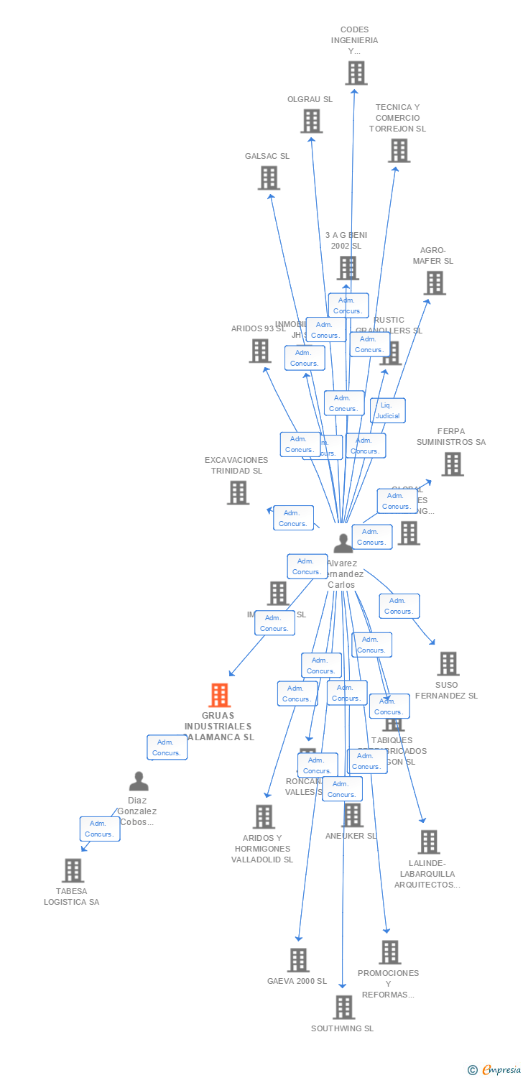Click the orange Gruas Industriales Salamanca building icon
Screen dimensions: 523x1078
click(219, 695)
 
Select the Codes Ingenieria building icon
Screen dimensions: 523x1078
click(356, 73)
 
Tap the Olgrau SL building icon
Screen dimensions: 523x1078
click(311, 121)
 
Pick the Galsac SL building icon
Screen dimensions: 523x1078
click(269, 178)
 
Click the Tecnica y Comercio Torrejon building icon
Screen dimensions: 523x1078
click(399, 150)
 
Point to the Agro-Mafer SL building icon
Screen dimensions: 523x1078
click(435, 283)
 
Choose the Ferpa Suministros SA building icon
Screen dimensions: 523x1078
click(453, 464)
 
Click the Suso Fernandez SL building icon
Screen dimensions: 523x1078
click(448, 663)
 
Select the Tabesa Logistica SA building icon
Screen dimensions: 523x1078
click(73, 870)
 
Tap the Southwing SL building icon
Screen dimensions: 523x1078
click(344, 1007)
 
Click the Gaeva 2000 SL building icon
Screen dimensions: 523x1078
click(298, 959)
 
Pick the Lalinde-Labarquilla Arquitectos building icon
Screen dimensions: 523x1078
click(429, 842)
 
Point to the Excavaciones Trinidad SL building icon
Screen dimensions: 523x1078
click(238, 492)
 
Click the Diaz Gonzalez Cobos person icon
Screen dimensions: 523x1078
click(139, 781)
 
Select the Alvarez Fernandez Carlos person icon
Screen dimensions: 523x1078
click(343, 543)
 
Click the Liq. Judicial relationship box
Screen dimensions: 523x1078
click(388, 410)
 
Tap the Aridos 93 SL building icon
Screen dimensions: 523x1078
click(259, 351)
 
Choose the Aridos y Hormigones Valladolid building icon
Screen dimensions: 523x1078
click(264, 816)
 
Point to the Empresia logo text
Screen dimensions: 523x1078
click(501, 1070)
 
